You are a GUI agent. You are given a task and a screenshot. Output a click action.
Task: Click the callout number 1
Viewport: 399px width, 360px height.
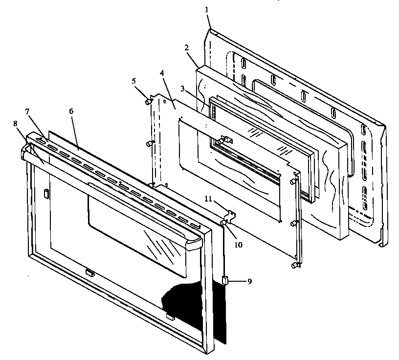[x=207, y=9]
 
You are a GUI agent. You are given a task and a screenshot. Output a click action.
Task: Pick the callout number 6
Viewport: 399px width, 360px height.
[x=71, y=111]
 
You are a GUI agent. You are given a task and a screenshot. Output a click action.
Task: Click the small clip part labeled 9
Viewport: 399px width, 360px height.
[x=225, y=280]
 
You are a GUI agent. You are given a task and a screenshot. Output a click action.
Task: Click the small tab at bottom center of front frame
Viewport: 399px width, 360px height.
[x=89, y=272]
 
